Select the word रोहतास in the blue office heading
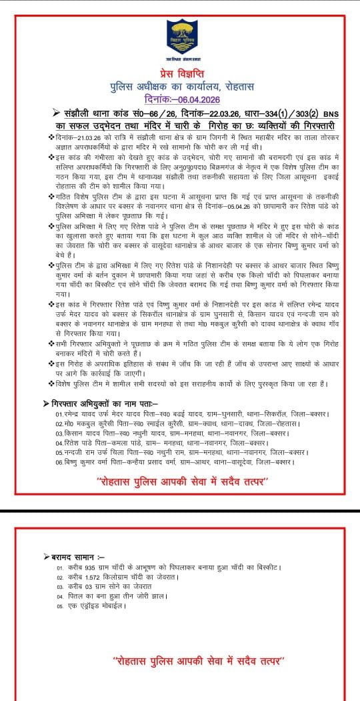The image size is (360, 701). (x=235, y=86)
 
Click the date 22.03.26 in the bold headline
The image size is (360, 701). (x=195, y=114)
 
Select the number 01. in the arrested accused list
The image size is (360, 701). (x=61, y=414)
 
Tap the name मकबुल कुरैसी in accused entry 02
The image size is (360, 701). (x=95, y=423)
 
